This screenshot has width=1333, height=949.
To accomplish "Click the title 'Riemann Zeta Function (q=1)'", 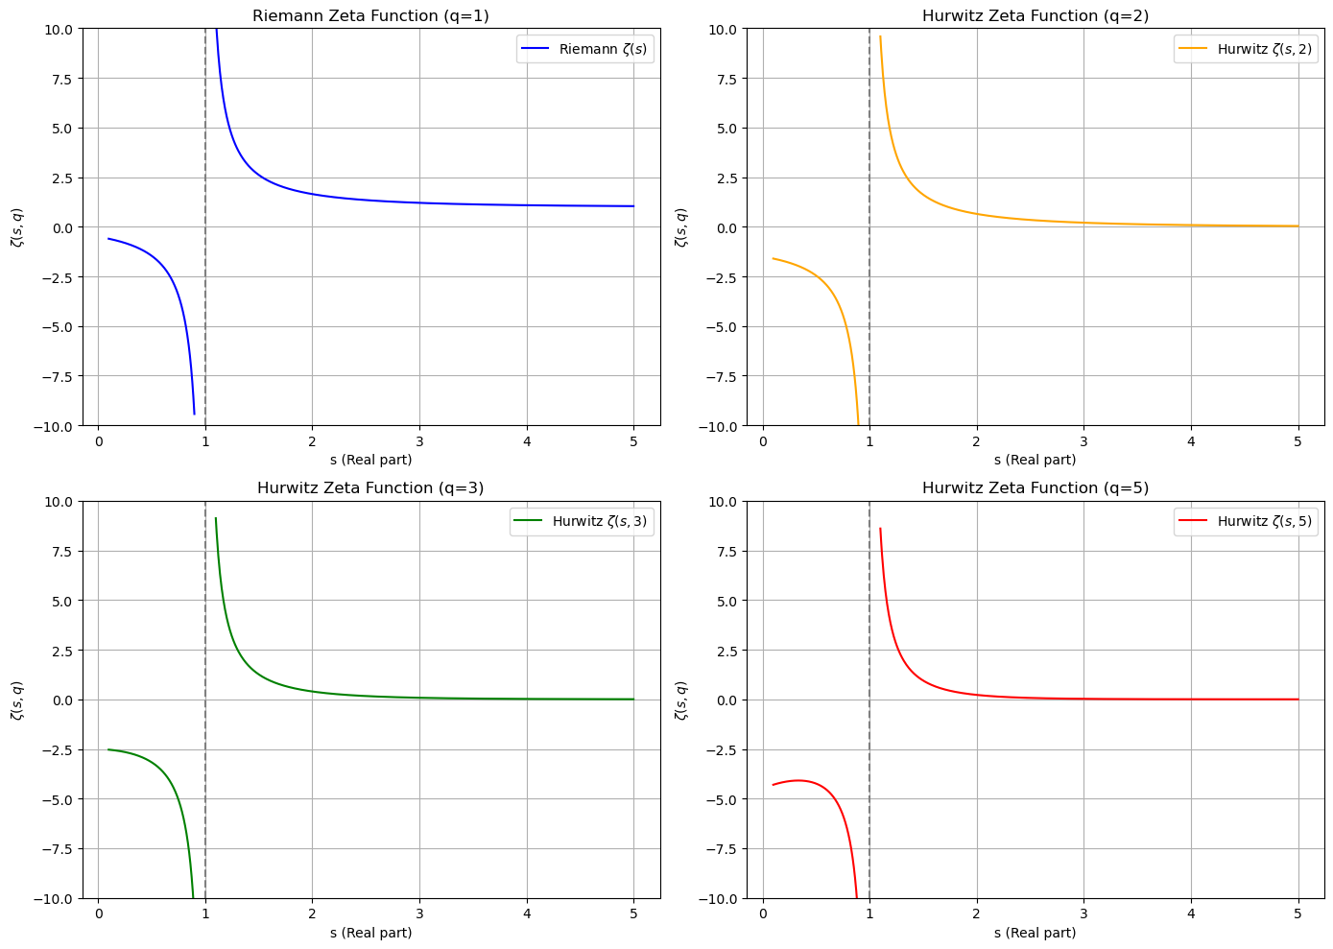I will pos(370,15).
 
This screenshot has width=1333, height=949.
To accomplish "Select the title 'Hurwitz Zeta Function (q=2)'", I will pos(1035,15).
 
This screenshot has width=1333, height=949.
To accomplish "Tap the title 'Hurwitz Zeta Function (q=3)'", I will pos(370,487).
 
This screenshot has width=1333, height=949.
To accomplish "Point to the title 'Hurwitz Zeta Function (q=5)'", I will pos(1035,487).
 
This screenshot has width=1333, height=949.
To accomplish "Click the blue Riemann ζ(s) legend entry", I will pos(585,49).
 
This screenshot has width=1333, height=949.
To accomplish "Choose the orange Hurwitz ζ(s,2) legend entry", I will pos(1244,49).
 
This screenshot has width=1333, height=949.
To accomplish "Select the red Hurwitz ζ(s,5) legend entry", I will pos(1244,522).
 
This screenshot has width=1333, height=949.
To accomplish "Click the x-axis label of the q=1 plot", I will pos(370,460).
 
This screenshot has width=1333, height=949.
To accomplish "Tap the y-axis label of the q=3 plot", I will pos(16,700).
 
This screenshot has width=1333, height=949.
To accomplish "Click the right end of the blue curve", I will pos(633,206).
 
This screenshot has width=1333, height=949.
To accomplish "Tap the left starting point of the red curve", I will pos(774,785).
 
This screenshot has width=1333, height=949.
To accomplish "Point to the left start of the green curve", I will pos(108,749).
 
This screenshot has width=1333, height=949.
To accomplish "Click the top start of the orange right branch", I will pos(880,36).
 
